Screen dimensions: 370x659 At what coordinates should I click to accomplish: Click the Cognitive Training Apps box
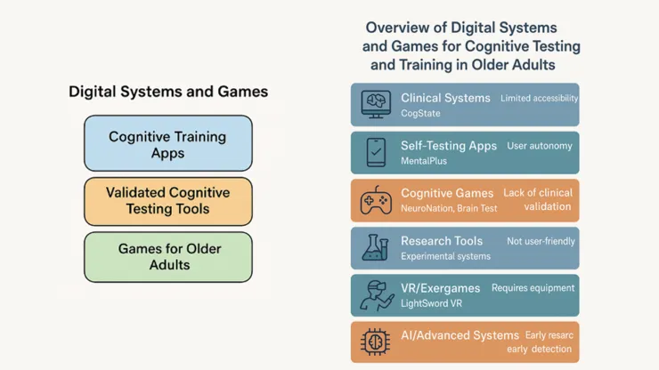[x=167, y=144]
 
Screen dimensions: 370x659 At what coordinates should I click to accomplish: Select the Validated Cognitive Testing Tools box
[x=167, y=200]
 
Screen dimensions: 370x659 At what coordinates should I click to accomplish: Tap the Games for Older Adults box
[x=167, y=256]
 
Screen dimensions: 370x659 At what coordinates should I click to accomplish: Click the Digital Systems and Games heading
[x=168, y=92]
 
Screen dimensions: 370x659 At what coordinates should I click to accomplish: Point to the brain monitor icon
[x=376, y=105]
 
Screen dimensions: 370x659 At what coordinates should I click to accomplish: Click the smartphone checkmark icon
[x=376, y=153]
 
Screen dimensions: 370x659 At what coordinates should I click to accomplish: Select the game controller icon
[x=376, y=201]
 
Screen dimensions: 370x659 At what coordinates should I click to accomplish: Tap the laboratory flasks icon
[x=376, y=248]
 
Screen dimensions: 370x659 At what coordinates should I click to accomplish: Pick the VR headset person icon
[x=376, y=296]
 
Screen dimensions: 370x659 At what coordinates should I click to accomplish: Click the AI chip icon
[x=376, y=342]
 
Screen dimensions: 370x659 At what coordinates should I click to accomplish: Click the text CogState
[x=421, y=114]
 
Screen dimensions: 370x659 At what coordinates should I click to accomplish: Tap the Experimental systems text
[x=445, y=256]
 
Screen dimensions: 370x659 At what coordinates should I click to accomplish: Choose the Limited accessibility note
[x=539, y=98]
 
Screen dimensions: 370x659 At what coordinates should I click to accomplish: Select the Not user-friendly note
[x=541, y=240]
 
